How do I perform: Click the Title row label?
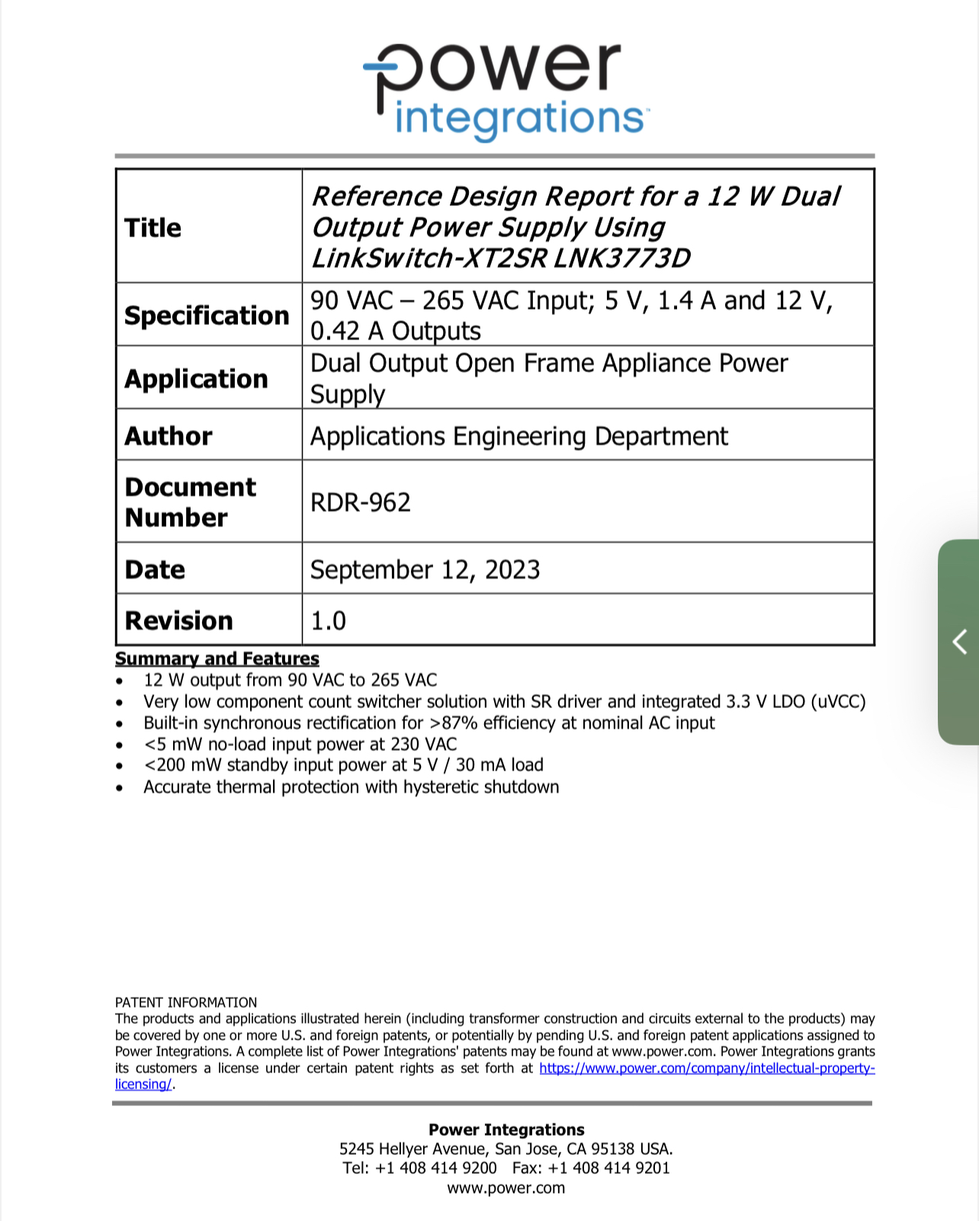click(153, 228)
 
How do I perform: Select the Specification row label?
click(207, 316)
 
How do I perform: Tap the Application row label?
click(196, 379)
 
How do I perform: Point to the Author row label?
click(169, 436)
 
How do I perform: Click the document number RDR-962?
click(361, 502)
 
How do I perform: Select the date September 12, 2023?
click(425, 570)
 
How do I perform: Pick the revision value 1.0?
click(328, 620)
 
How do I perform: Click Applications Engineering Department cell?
click(518, 436)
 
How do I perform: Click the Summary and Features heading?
click(217, 659)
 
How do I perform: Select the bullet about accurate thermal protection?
click(351, 787)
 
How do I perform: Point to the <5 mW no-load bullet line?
click(300, 744)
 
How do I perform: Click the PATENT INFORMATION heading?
click(186, 1002)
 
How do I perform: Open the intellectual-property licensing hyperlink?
click(706, 1068)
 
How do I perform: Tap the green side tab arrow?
click(959, 642)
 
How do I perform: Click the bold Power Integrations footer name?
click(506, 1130)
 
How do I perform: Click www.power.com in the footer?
click(506, 1187)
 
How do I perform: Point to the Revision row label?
click(178, 620)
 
